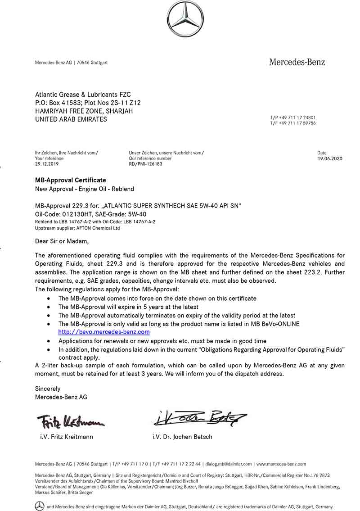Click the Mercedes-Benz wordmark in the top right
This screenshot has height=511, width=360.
pos(297,62)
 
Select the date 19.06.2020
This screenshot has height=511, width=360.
pos(330,158)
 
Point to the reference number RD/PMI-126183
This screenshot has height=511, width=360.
pos(145,164)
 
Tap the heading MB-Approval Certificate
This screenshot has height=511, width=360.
pos(71,180)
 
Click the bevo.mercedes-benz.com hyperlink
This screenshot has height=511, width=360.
pos(104,332)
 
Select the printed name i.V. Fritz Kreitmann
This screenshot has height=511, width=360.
pos(67,437)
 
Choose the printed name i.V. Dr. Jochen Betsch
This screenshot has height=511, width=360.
pos(182,437)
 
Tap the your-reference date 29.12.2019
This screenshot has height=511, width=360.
pos(47,164)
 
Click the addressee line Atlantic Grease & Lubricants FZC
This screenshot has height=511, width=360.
pos(83,95)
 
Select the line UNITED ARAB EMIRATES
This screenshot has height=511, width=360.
pos(71,119)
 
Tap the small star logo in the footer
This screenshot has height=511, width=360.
pos(40,506)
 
